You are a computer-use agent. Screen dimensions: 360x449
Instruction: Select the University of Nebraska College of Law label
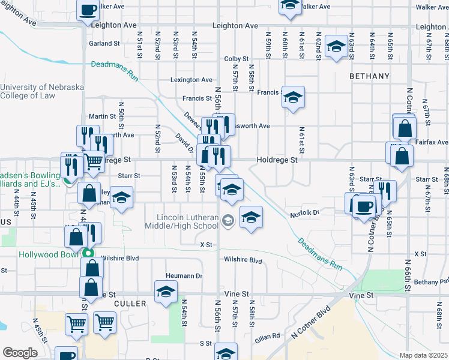pyautogui.click(x=42, y=91)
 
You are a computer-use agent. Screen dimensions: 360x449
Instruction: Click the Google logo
pyautogui.click(x=20, y=353)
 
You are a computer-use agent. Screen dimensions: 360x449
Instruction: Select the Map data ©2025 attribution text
pyautogui.click(x=424, y=355)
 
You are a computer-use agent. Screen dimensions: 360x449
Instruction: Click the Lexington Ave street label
pyautogui.click(x=191, y=80)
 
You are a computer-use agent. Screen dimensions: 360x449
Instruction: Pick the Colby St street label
pyautogui.click(x=237, y=58)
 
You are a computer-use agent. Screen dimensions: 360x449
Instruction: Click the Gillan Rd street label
pyautogui.click(x=268, y=336)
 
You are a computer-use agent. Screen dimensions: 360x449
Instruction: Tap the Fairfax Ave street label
pyautogui.click(x=434, y=143)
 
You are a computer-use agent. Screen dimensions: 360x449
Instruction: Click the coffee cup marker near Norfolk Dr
pyautogui.click(x=364, y=207)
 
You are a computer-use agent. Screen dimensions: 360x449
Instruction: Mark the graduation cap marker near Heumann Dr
pyautogui.click(x=165, y=291)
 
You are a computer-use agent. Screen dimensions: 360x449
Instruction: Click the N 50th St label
pyautogui.click(x=121, y=119)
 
